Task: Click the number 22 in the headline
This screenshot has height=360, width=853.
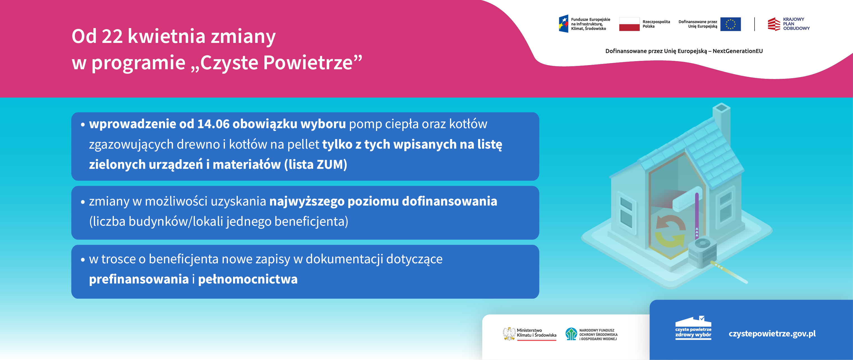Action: click(x=112, y=36)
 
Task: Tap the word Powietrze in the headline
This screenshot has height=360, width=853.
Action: click(x=308, y=62)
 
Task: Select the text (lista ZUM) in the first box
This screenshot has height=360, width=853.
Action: click(x=315, y=165)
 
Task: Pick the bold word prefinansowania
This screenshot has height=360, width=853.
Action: click(x=139, y=279)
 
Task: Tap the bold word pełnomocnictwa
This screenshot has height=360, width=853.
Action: click(x=248, y=279)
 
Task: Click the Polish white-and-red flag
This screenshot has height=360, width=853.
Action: click(x=629, y=24)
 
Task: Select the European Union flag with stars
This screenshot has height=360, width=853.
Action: click(x=730, y=24)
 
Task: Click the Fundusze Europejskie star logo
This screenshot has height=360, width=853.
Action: click(x=564, y=24)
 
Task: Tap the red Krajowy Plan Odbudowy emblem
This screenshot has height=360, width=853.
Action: click(x=774, y=24)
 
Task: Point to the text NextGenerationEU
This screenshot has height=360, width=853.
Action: click(x=737, y=51)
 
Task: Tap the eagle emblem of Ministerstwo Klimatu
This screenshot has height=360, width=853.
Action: click(x=509, y=334)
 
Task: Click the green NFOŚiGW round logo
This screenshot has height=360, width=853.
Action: click(x=571, y=334)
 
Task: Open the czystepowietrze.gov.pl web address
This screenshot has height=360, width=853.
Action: click(x=772, y=334)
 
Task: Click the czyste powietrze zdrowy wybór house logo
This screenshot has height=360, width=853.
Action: click(x=693, y=328)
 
